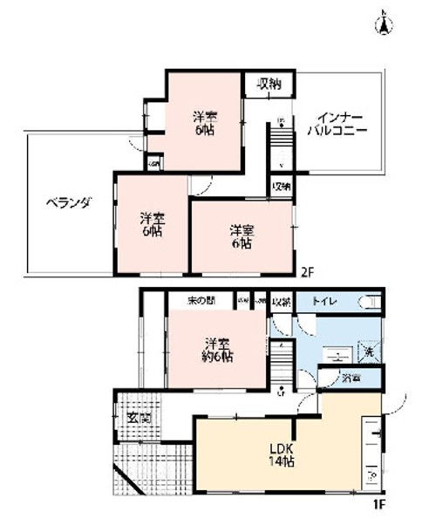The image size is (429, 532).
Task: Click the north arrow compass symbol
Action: pyautogui.click(x=381, y=24)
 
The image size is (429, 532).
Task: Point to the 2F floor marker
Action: pyautogui.click(x=306, y=271)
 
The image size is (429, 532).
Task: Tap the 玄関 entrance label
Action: pyautogui.click(x=139, y=419)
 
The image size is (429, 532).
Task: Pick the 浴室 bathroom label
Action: pyautogui.click(x=351, y=379)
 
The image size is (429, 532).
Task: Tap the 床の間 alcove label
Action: pyautogui.click(x=201, y=301)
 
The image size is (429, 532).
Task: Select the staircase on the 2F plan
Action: pyautogui.click(x=282, y=144)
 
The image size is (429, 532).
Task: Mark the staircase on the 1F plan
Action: pyautogui.click(x=282, y=358)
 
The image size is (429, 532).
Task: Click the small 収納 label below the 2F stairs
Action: pyautogui.click(x=281, y=187)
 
